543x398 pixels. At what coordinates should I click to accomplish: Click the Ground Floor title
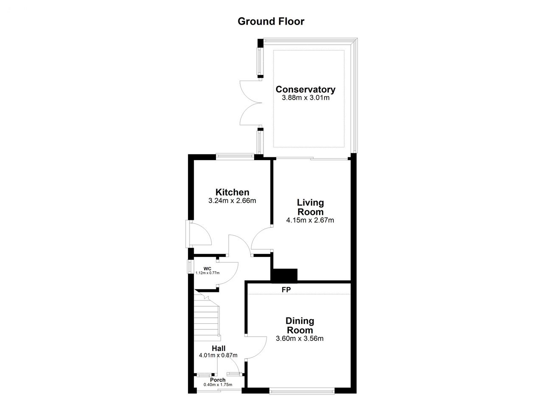click(271, 22)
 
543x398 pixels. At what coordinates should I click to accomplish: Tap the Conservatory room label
click(305, 89)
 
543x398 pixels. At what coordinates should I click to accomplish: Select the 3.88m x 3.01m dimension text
click(305, 98)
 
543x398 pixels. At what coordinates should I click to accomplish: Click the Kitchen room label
click(232, 192)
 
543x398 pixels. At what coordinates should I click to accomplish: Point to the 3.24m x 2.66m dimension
click(232, 200)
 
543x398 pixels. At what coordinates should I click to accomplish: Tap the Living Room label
click(310, 207)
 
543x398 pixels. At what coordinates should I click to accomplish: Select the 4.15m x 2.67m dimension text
click(310, 220)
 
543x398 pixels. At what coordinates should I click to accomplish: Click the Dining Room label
click(300, 326)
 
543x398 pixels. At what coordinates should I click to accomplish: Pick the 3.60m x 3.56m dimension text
click(299, 338)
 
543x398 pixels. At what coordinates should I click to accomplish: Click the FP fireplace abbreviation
click(286, 289)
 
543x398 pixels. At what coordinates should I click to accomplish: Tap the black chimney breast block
click(284, 276)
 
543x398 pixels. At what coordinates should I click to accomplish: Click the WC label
click(207, 269)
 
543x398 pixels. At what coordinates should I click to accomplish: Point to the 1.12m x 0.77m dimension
click(207, 273)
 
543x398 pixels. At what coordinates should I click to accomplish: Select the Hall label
click(218, 348)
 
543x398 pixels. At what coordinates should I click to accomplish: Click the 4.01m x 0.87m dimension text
click(218, 355)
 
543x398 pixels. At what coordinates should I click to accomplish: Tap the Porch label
click(218, 380)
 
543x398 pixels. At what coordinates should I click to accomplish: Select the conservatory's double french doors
click(251, 103)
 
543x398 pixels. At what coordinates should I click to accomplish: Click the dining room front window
click(302, 391)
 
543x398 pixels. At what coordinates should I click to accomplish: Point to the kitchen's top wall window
click(235, 157)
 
